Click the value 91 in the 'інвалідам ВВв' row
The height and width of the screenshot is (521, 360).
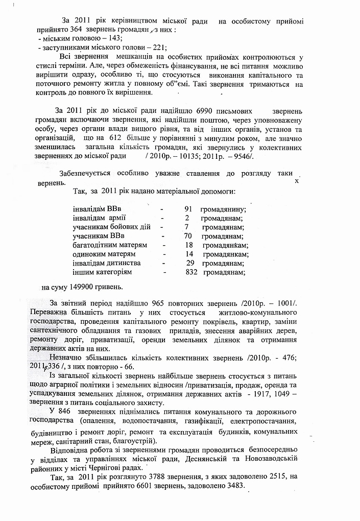tap(187, 209)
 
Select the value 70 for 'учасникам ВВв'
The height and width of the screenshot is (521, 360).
tap(187, 236)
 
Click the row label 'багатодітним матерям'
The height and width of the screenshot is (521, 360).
tap(110, 245)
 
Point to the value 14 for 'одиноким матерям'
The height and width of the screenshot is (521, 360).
tap(189, 254)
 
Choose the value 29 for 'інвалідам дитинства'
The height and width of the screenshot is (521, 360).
tap(190, 263)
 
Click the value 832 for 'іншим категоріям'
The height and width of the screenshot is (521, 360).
tap(192, 272)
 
